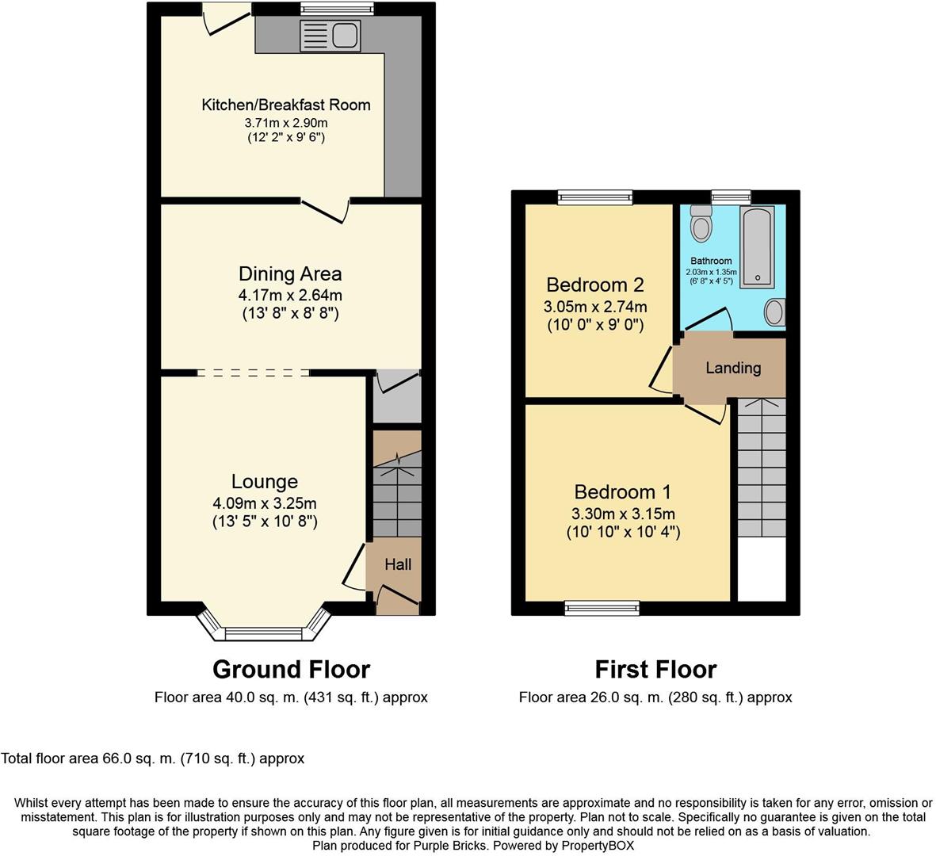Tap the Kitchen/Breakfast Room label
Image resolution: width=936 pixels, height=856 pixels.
coord(286,105)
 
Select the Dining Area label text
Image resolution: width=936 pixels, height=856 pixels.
coord(290,274)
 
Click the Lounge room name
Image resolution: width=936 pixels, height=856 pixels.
coord(265,481)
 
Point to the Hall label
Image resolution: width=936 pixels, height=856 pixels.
coord(398,564)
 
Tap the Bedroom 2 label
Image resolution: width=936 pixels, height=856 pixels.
coord(594,285)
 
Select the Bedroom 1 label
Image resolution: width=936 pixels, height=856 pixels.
coord(623,491)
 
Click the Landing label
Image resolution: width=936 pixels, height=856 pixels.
coord(733,368)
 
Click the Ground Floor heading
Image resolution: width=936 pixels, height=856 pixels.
coord(291,670)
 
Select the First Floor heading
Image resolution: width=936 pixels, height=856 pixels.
coord(655,670)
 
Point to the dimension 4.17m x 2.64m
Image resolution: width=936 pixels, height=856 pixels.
coord(290,295)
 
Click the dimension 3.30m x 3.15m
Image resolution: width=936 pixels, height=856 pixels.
coord(623,513)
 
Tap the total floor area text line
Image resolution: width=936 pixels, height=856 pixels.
coord(153,759)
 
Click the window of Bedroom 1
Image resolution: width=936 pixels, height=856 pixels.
coord(602,607)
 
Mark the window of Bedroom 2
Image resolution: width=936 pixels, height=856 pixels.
coord(595,197)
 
